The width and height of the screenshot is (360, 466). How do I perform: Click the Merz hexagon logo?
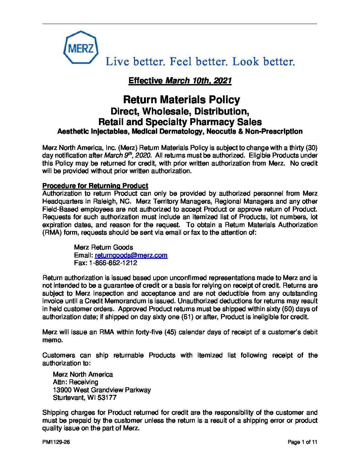[81, 48]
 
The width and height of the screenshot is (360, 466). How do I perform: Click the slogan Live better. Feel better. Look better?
[200, 62]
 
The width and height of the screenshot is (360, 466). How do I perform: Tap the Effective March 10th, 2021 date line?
[180, 81]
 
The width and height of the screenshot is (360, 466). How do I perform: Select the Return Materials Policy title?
[181, 100]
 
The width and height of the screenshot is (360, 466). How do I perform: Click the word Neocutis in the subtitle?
[221, 131]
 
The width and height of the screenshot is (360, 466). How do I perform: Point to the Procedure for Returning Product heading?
[95, 186]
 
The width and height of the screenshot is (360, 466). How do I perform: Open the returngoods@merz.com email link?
[131, 255]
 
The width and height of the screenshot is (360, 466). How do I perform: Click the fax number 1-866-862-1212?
[113, 263]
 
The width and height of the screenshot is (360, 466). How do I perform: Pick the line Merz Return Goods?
[104, 247]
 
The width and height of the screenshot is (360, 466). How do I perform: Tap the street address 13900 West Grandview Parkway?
[102, 390]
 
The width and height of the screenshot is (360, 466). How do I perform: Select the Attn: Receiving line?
[75, 382]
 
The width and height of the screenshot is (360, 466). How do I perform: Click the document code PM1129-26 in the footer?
[56, 442]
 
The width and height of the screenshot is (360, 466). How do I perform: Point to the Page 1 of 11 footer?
[302, 442]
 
